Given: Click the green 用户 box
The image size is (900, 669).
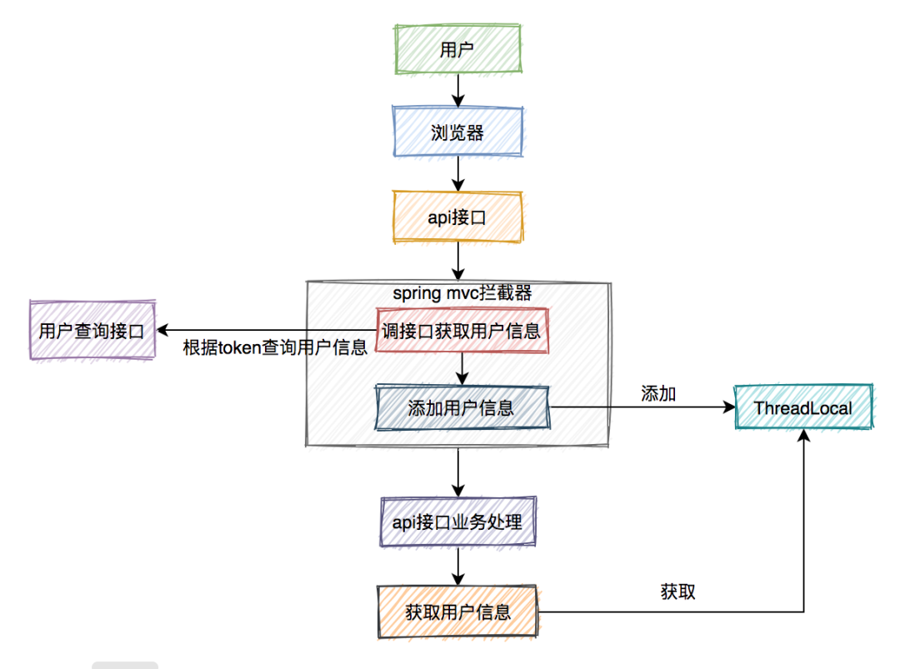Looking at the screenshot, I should point(457,48).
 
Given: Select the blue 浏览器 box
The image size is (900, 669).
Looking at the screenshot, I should point(457,132).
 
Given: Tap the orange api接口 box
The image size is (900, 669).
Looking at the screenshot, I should point(457,217).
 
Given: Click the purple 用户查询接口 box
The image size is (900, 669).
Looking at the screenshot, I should point(92,331).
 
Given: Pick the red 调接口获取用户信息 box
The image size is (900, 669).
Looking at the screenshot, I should point(461,331).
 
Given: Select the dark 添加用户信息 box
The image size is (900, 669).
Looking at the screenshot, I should point(461,407).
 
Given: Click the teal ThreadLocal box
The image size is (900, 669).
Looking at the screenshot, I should point(803,407).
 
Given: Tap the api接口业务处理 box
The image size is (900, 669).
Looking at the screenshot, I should point(457,522).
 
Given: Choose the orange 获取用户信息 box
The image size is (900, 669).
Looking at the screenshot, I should point(457,612).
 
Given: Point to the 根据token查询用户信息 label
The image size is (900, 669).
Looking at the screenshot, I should point(275,348).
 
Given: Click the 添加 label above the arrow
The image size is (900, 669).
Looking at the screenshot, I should point(658,393).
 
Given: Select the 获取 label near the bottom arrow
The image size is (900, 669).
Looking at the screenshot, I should point(677,592).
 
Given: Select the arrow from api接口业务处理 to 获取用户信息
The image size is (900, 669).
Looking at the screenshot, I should point(457,567).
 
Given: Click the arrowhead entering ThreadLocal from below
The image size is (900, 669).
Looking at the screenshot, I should point(804,439).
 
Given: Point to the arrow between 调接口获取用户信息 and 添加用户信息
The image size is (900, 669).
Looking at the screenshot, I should point(461,367).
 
